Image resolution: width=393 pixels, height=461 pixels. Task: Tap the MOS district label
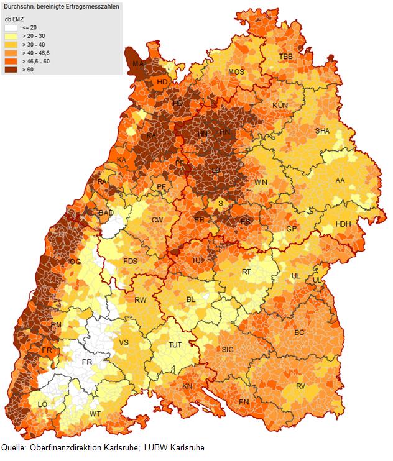(x=236, y=72)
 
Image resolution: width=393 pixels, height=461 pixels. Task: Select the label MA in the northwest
(x=140, y=63)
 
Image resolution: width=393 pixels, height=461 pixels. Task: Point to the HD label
(x=162, y=82)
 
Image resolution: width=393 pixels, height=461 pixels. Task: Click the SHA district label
(x=322, y=131)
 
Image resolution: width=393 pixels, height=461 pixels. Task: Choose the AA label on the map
(x=340, y=180)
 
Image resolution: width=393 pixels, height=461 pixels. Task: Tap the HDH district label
(x=343, y=224)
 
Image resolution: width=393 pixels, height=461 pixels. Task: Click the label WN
(x=261, y=182)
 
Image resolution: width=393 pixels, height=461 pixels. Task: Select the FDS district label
(x=131, y=261)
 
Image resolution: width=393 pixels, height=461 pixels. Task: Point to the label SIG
(x=229, y=350)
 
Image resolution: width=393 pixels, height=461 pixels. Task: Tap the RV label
(x=301, y=386)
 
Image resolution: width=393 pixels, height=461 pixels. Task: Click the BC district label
(x=299, y=332)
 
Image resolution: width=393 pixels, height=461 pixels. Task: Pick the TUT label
(x=176, y=345)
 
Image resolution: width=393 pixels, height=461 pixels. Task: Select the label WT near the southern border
(x=95, y=414)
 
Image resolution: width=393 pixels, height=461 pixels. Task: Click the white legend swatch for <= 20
(x=11, y=28)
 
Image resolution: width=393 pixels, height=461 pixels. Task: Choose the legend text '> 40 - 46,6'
(x=35, y=52)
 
